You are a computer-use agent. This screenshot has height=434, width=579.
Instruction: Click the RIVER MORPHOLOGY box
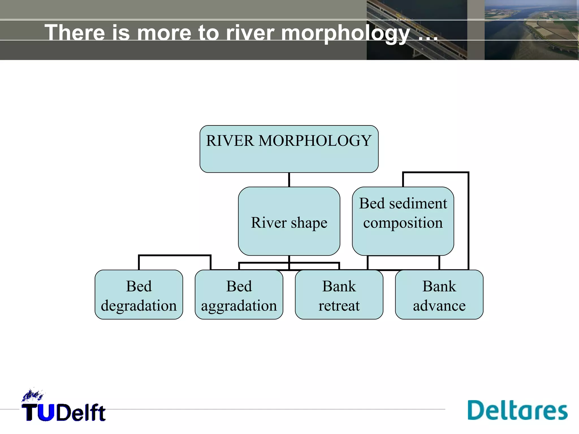click(289, 149)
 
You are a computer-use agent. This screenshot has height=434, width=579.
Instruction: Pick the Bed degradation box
click(139, 295)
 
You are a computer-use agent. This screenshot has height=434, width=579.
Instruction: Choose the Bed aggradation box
click(239, 295)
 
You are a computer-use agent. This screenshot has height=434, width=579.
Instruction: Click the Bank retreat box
click(339, 295)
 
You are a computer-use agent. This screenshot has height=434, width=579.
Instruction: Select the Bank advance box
click(439, 295)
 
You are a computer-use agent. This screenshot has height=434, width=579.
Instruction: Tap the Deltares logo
click(517, 410)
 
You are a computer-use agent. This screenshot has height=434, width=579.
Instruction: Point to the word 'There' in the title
click(75, 32)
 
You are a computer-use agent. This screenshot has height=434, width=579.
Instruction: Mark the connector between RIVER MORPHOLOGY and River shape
click(289, 180)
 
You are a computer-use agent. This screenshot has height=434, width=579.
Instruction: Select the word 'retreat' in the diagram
click(339, 306)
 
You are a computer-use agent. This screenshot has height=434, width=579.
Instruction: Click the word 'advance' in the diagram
click(439, 306)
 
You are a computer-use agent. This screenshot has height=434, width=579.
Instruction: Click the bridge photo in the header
click(417, 30)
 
